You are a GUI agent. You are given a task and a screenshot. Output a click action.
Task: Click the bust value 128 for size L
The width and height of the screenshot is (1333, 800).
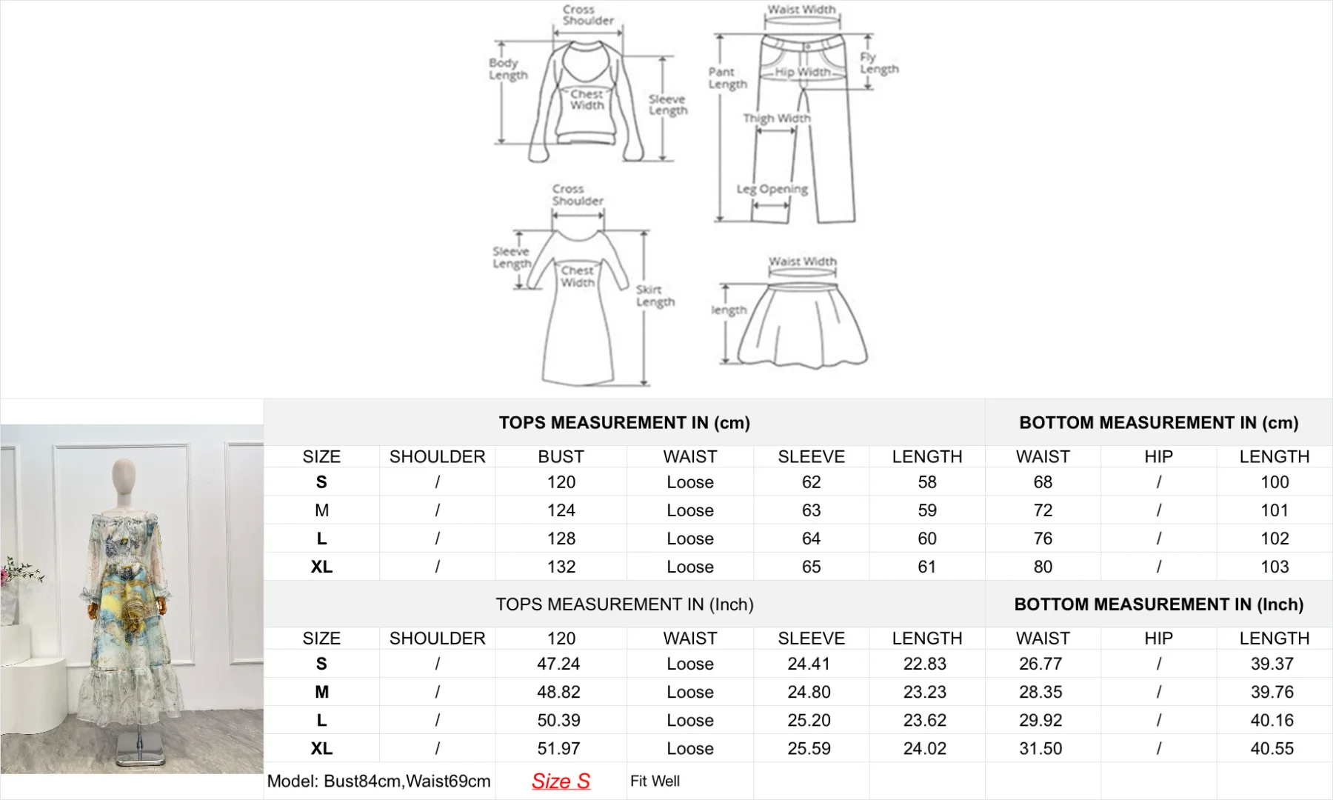click(x=561, y=539)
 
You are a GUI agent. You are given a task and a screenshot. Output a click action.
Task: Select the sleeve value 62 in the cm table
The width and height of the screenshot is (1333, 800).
click(x=811, y=482)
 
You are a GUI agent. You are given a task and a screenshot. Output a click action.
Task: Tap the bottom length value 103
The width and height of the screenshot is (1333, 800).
click(x=1274, y=567)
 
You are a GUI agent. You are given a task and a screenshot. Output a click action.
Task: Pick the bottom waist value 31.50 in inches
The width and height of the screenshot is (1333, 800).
click(x=1040, y=748)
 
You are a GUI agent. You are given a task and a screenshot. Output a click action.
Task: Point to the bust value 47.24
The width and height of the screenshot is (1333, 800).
click(x=558, y=664)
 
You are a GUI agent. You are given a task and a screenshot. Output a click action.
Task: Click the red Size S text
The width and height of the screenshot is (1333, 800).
click(x=561, y=781)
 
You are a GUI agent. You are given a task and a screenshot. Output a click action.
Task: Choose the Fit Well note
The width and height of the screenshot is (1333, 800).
click(x=655, y=781)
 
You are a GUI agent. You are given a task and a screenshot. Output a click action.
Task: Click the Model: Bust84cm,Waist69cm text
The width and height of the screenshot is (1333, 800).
click(x=378, y=781)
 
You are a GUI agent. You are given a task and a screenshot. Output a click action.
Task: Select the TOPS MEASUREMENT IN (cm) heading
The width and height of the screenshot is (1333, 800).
click(x=624, y=422)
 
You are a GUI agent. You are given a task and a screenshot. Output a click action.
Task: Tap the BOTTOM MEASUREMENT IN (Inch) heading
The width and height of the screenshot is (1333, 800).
click(x=1158, y=604)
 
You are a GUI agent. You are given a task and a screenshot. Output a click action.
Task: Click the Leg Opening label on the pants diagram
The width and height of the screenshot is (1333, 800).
click(x=772, y=189)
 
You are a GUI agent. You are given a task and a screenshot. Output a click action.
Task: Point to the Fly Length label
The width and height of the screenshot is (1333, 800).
click(x=878, y=63)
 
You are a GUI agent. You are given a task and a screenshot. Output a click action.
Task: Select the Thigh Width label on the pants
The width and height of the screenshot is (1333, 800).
click(x=776, y=118)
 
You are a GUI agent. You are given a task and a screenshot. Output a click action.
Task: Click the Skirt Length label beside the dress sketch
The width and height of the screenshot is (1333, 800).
click(x=655, y=296)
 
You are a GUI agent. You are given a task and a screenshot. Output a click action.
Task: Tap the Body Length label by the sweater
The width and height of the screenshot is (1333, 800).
click(x=508, y=69)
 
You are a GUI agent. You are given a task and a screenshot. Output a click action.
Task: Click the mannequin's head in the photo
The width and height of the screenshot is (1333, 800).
click(x=124, y=475)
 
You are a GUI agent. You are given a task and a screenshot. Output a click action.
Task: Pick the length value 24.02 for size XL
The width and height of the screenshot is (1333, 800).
click(x=924, y=748)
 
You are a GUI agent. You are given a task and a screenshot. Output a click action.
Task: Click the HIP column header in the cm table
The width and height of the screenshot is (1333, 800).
click(x=1158, y=456)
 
